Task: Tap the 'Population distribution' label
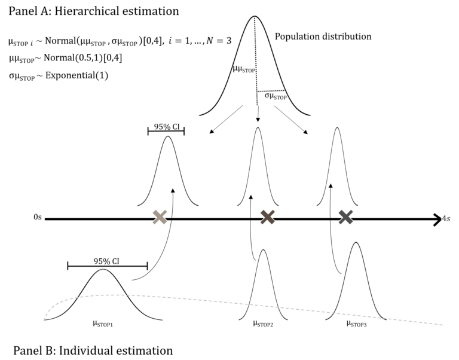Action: [x=323, y=36]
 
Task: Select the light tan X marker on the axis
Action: [x=160, y=218]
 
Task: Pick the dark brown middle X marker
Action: [x=267, y=218]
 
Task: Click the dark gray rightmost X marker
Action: [x=345, y=218]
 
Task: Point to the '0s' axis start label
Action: [x=38, y=219]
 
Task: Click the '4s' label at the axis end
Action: [x=446, y=219]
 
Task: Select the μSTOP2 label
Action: [x=263, y=324]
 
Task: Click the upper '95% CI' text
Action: [x=166, y=126]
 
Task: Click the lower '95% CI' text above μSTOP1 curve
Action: [x=106, y=261]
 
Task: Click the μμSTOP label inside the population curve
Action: [x=244, y=69]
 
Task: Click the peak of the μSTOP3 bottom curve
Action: [x=356, y=242]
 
